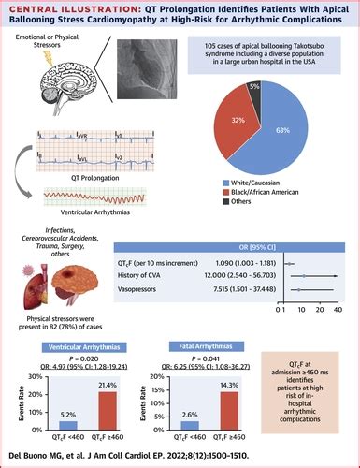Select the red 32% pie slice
(x=243, y=127)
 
